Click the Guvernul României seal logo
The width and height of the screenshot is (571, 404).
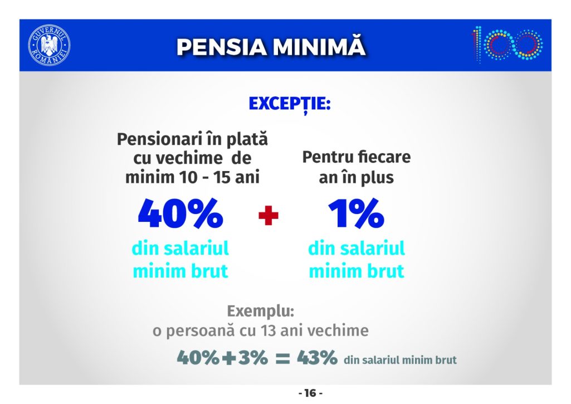49,45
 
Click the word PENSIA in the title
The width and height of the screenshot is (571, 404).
221,47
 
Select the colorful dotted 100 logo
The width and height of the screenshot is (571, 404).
507,45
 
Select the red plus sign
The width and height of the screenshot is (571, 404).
269,215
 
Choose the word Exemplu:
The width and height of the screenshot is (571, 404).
260,312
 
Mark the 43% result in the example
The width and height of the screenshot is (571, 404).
317,357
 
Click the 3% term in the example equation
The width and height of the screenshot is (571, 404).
253,357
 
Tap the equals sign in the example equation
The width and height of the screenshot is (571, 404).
282,358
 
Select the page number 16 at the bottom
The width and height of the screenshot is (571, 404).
310,393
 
